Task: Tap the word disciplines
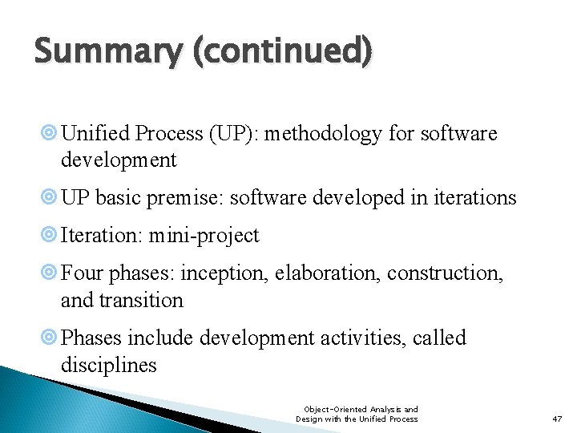click(108, 365)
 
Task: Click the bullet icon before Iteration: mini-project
click(51, 236)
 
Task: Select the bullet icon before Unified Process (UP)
click(51, 134)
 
